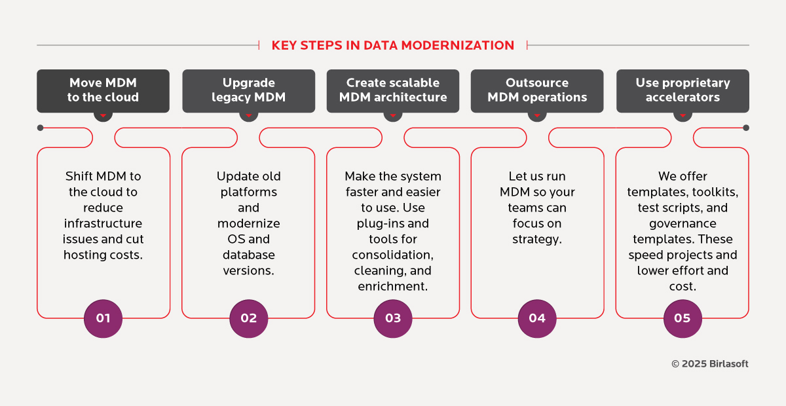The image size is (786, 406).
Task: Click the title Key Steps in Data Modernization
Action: (393, 45)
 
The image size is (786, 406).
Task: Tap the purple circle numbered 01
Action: (103, 318)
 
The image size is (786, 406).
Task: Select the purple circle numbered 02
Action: (248, 318)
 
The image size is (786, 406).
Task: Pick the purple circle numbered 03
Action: (393, 318)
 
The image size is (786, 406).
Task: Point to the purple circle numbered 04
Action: (537, 318)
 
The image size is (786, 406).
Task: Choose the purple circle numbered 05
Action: (682, 318)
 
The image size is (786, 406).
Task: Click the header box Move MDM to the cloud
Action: (103, 90)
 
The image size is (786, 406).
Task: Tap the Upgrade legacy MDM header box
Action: (248, 90)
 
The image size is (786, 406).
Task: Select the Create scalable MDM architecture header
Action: (393, 90)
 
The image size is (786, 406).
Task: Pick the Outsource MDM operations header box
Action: (537, 90)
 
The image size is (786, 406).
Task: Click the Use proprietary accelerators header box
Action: (683, 90)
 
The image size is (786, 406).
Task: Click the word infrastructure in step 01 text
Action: (103, 223)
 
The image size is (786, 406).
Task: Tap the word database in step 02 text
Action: (248, 255)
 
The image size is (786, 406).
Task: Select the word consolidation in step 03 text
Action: (393, 255)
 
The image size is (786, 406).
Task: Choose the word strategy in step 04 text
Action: (537, 239)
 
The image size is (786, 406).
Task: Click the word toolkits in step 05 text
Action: (712, 192)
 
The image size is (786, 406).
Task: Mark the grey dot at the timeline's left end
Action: (41, 128)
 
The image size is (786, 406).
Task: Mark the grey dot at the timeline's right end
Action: (746, 128)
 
